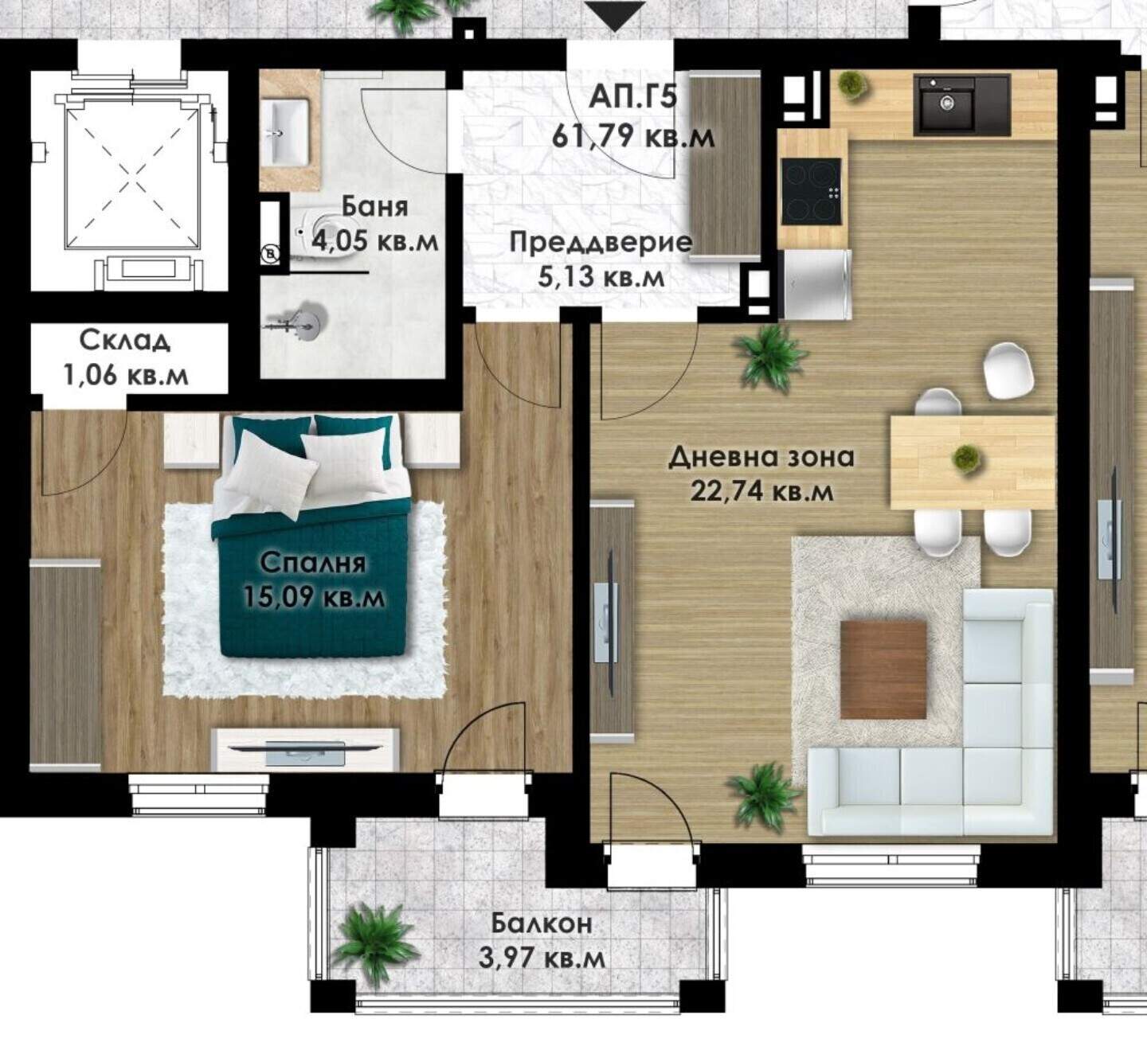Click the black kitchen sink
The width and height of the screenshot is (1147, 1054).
(961, 107)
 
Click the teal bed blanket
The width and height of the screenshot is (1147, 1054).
(312, 577)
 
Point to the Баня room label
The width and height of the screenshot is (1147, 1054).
(374, 206)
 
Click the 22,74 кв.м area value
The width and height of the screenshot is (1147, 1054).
(761, 491)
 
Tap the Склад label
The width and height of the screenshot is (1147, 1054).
(124, 342)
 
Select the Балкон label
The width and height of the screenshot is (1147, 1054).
(542, 925)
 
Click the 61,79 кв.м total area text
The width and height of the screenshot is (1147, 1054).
(633, 137)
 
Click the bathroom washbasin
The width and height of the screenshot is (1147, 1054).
(287, 132)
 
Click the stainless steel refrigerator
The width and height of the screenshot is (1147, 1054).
(816, 285)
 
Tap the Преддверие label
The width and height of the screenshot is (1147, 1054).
(601, 242)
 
